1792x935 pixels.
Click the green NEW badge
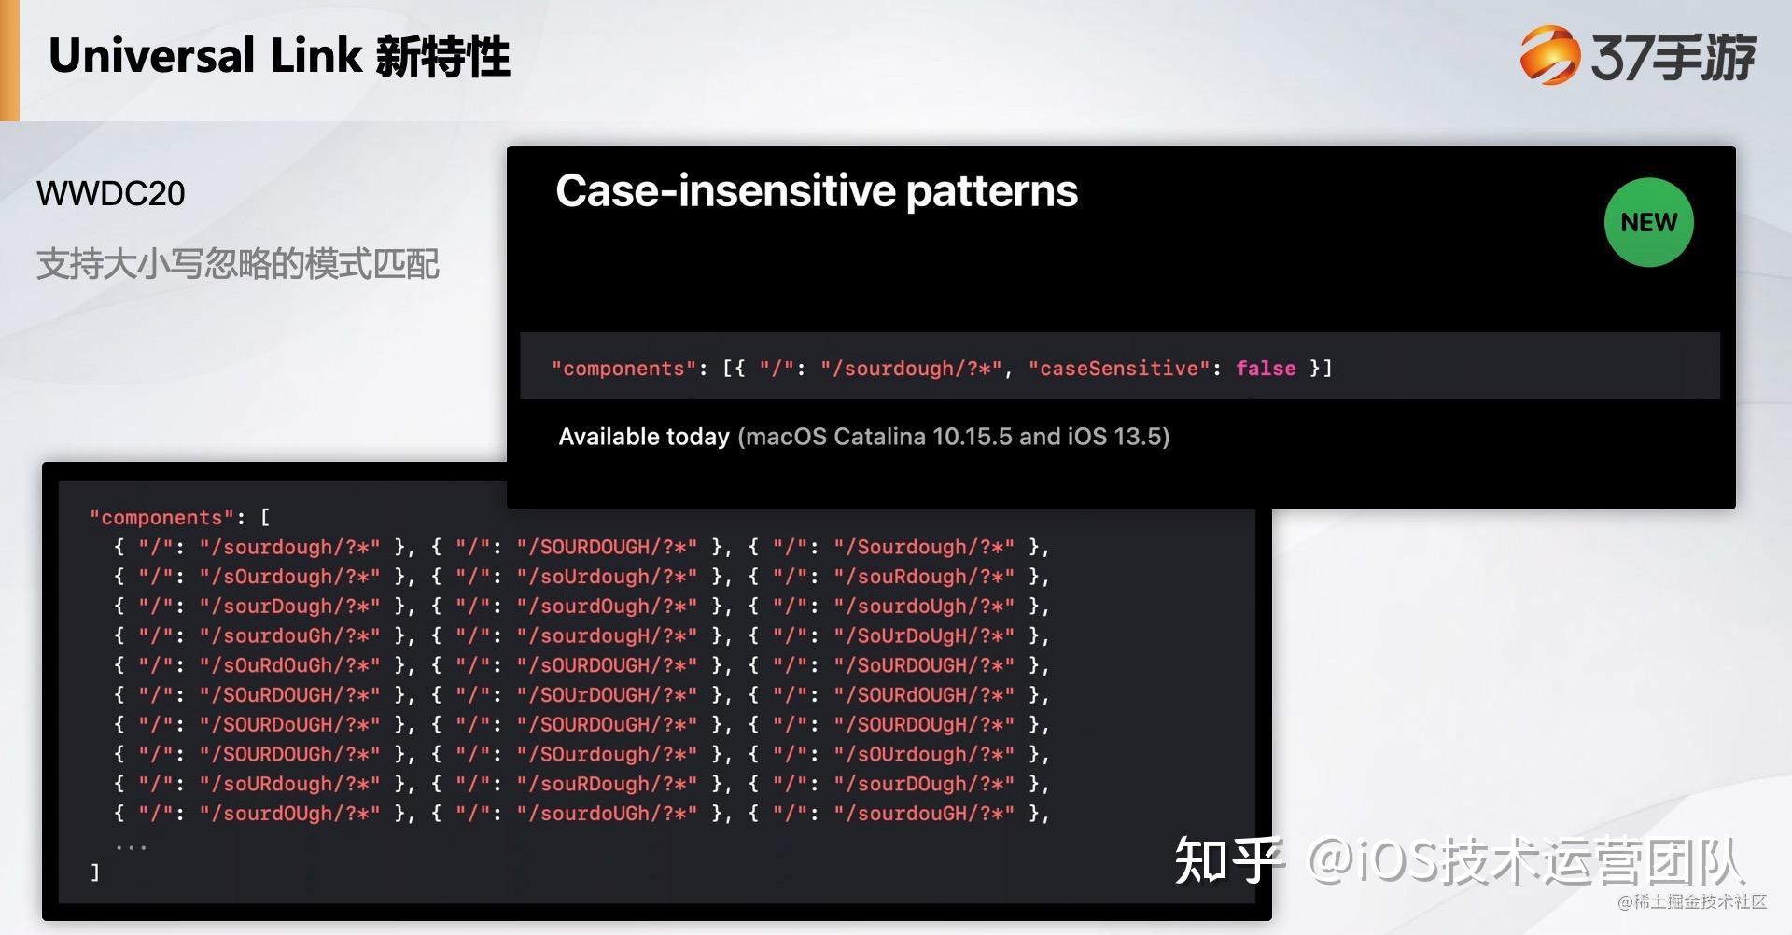coord(1648,222)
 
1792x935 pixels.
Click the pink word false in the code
coord(1265,368)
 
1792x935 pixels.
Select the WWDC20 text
coord(110,193)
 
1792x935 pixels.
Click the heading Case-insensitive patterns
coord(816,191)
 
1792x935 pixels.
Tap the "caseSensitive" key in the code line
coord(1113,368)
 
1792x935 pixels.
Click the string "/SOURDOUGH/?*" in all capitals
coord(606,547)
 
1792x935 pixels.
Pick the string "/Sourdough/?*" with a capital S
coord(923,547)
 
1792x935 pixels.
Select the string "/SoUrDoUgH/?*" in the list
coord(923,635)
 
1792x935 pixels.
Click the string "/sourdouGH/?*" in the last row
coord(923,813)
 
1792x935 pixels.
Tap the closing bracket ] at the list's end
coord(94,872)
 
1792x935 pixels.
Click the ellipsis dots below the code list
coord(131,845)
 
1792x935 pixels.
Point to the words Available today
coord(643,437)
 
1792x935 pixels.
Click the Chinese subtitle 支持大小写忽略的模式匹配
coord(237,264)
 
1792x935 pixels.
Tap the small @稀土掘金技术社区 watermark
coord(1691,901)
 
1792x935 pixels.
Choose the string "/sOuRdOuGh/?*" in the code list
coord(289,665)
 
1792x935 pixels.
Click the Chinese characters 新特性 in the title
coord(442,56)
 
